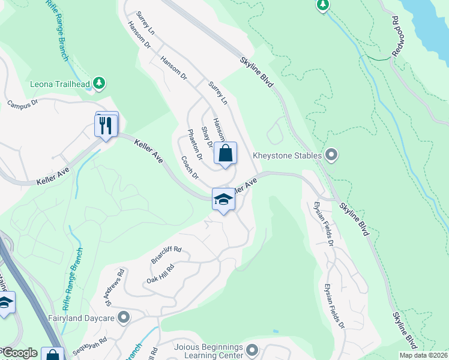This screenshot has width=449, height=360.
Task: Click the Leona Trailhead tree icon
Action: tap(100, 82)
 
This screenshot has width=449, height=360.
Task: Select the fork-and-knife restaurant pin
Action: tap(106, 125)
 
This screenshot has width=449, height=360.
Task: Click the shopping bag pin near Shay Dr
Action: tap(225, 153)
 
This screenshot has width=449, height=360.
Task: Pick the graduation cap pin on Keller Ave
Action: tap(223, 200)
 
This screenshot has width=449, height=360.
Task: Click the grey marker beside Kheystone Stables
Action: tap(330, 155)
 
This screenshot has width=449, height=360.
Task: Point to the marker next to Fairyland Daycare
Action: tap(124, 317)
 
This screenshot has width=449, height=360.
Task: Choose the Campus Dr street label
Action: tap(23, 103)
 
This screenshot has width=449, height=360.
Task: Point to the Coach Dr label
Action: tap(190, 168)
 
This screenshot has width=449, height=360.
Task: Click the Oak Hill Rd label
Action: tap(160, 274)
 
